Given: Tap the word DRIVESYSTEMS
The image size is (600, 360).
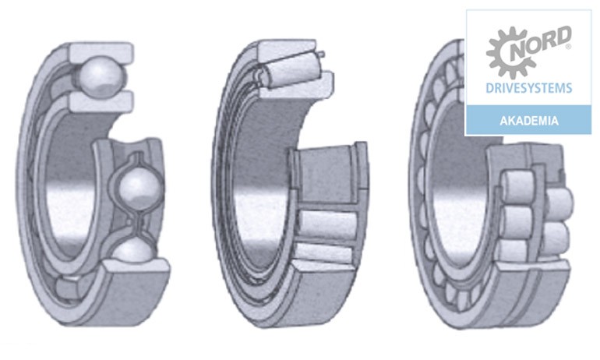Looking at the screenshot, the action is pyautogui.click(x=529, y=88).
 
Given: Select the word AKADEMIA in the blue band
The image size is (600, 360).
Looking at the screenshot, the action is pyautogui.click(x=529, y=121).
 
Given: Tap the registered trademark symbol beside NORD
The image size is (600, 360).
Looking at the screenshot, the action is pyautogui.click(x=568, y=47).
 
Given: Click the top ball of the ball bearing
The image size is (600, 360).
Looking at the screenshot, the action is pyautogui.click(x=101, y=76).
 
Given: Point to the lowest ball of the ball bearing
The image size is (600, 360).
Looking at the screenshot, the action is pyautogui.click(x=134, y=251).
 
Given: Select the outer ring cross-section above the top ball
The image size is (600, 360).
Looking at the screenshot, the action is pyautogui.click(x=101, y=52).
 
